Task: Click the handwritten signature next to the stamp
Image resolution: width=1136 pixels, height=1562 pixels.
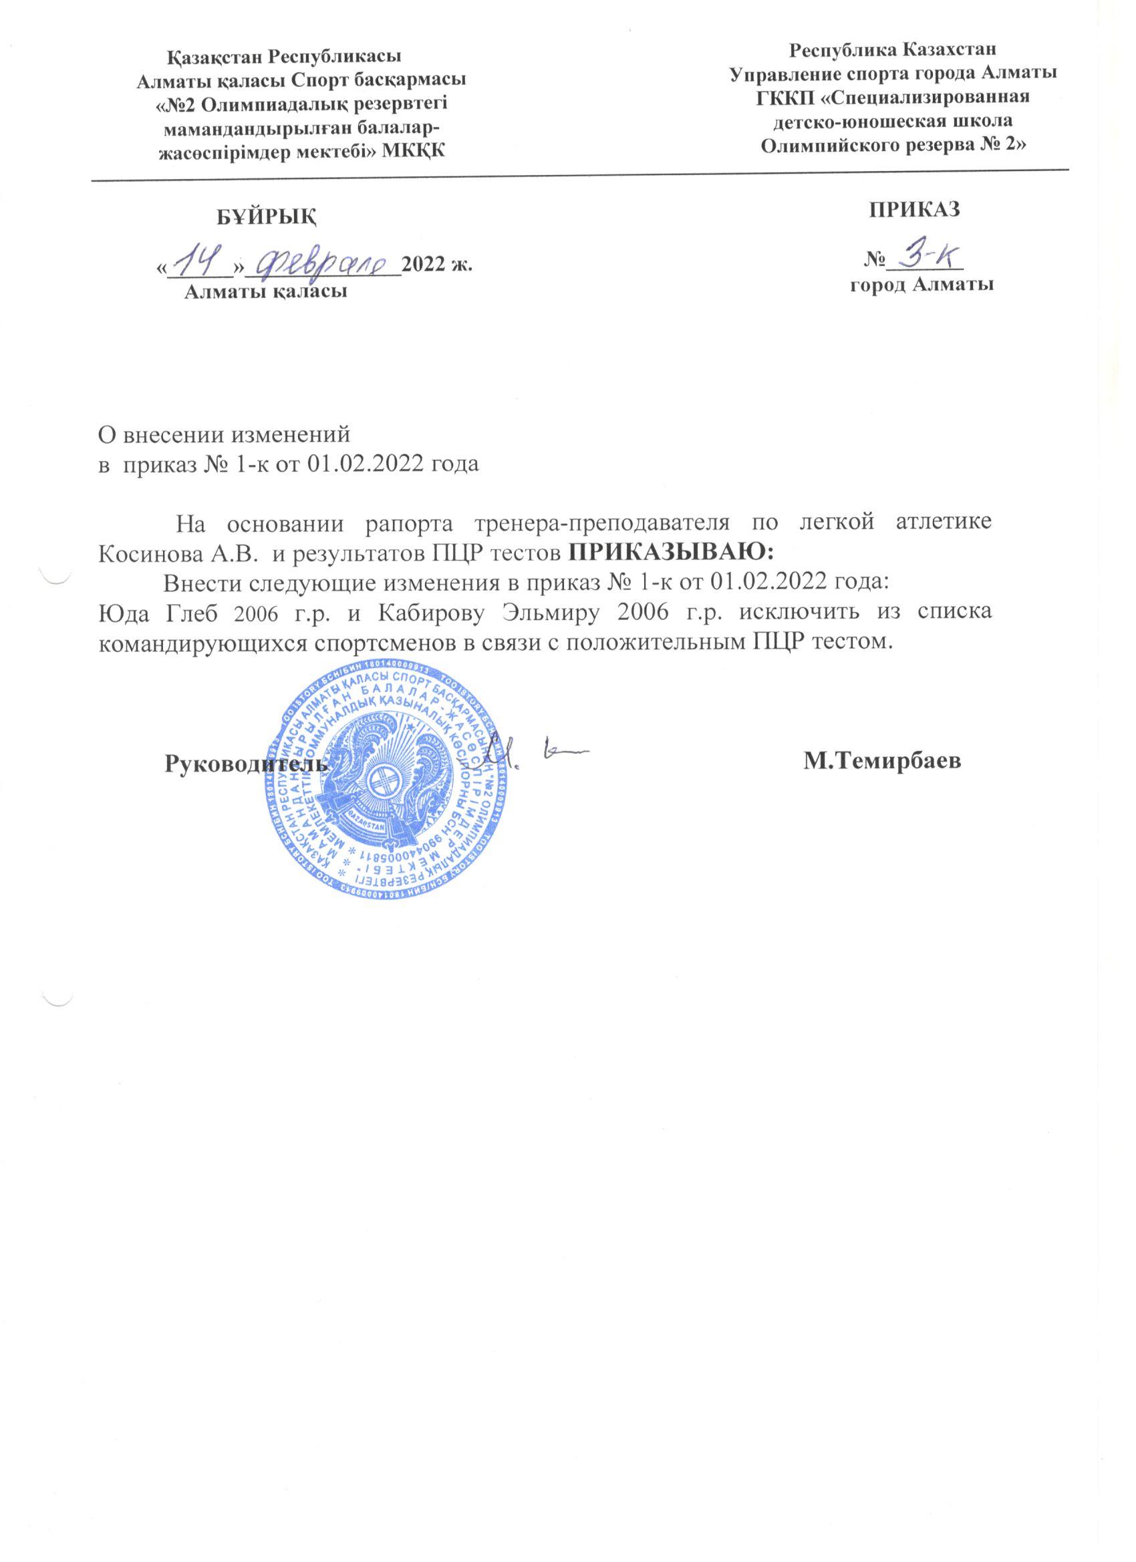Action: tap(531, 755)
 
